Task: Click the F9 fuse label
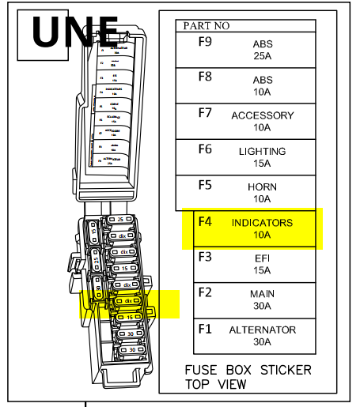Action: pos(205,41)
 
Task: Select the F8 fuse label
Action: pos(205,77)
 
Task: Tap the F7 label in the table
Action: pos(205,112)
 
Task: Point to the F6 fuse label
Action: pos(205,148)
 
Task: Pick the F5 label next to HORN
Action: pos(205,185)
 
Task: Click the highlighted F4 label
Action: pos(205,222)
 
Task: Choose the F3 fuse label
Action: pos(205,257)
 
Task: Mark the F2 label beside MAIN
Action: pos(205,292)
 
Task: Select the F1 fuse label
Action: pos(205,328)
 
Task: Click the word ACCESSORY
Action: pos(262,115)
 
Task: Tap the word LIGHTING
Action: pos(262,151)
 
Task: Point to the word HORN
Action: pos(262,187)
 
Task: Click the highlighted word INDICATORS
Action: pos(262,223)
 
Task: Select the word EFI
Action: pos(262,258)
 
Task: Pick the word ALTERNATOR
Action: pos(262,330)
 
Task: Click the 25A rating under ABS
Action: pos(262,56)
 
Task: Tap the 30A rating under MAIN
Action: pos(262,306)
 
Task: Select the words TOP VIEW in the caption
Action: pos(215,385)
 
